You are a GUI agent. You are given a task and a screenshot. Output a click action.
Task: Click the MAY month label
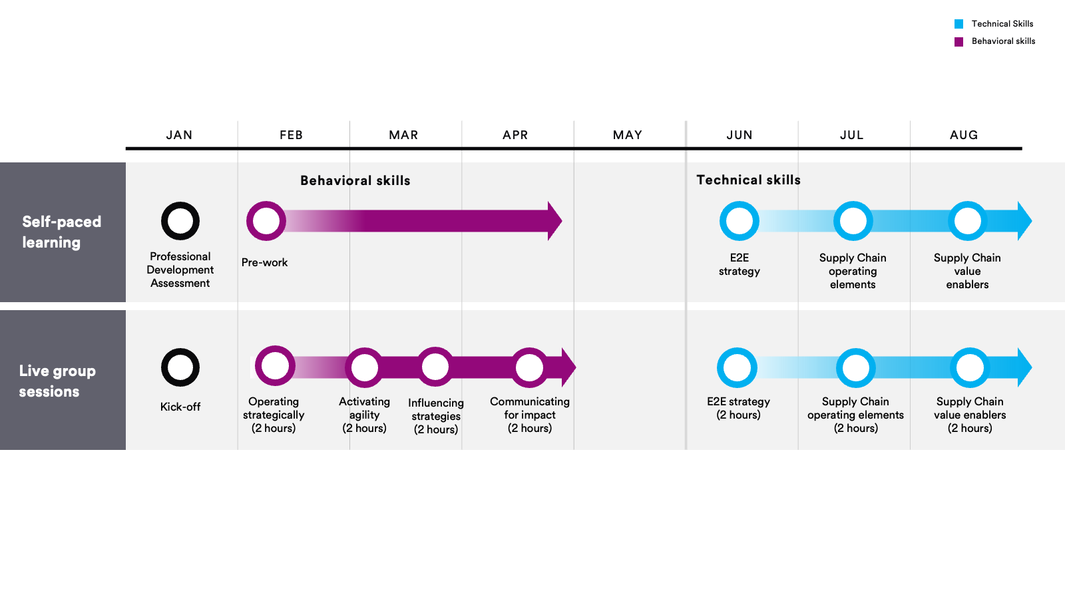pos(627,135)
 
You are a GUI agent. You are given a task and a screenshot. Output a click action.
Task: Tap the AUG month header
pos(964,135)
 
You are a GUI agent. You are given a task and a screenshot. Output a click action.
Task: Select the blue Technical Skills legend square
pos(958,24)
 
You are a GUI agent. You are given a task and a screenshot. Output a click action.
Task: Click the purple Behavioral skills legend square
pos(958,42)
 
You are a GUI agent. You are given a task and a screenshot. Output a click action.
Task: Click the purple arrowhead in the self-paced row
pos(554,221)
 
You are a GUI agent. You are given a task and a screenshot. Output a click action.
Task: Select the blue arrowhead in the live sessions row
pos(1024,367)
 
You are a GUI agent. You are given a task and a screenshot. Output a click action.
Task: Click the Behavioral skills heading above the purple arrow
pos(355,180)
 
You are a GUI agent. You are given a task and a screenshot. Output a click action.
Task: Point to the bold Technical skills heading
pos(748,180)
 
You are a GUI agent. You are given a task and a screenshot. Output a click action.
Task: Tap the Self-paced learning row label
pos(62,232)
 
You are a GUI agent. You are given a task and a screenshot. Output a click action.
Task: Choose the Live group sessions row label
pos(57,381)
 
